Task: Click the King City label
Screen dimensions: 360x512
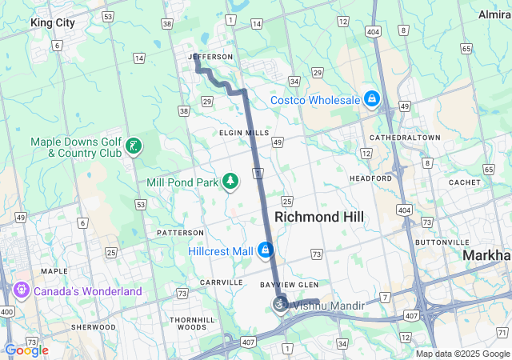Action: (53, 23)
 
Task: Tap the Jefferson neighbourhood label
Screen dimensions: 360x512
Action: (211, 57)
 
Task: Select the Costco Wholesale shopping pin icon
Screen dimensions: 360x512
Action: (371, 99)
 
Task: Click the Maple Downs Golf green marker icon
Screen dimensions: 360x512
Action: (134, 146)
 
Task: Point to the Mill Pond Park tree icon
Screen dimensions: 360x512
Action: (230, 182)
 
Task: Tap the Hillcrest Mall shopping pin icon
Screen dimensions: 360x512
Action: (266, 250)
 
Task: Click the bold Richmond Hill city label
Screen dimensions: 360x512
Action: (319, 217)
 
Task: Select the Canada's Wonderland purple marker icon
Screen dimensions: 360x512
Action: (21, 291)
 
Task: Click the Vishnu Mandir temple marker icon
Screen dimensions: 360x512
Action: (280, 305)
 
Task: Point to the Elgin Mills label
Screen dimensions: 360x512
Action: (245, 133)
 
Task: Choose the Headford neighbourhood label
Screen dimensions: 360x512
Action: (370, 178)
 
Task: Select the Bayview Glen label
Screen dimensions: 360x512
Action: (290, 285)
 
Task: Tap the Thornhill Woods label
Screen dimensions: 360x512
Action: (192, 323)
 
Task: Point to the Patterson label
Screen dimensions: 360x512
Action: (181, 232)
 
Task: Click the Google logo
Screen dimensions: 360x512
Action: (26, 350)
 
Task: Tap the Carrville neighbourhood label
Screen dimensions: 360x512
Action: (221, 282)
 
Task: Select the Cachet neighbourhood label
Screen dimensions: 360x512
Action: (464, 182)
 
